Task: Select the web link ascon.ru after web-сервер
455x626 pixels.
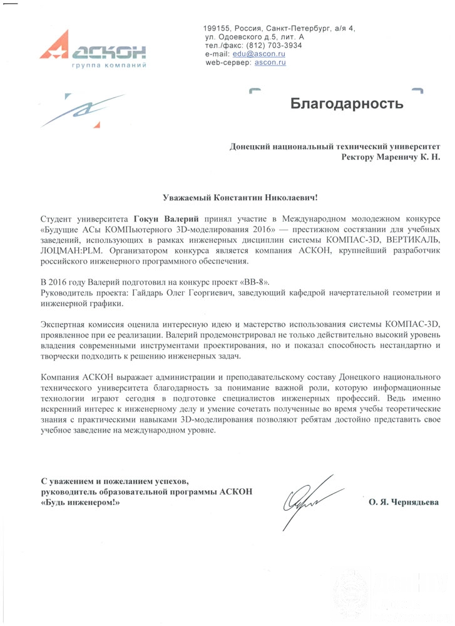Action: [x=270, y=63]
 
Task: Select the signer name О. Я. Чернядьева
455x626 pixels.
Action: [x=404, y=502]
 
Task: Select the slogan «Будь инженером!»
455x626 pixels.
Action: [x=79, y=502]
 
